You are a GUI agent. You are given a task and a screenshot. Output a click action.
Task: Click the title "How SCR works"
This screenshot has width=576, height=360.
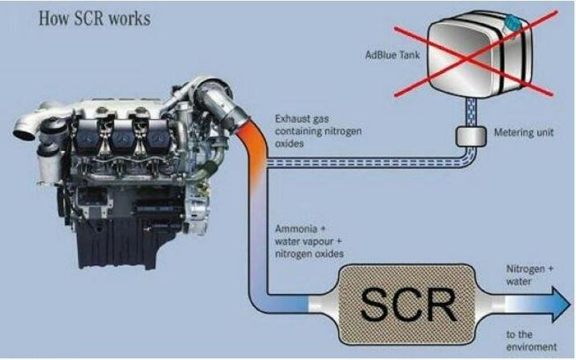click(95, 18)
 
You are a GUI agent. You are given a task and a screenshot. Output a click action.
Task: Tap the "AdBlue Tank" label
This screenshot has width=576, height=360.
click(392, 55)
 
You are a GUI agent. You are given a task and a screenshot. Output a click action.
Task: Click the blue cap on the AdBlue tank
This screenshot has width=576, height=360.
click(513, 22)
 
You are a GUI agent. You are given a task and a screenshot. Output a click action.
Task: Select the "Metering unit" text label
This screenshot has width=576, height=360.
click(524, 133)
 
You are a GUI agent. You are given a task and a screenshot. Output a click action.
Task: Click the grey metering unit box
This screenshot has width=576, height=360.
click(471, 136)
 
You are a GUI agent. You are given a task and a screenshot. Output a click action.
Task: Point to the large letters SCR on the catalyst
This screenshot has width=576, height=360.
click(409, 305)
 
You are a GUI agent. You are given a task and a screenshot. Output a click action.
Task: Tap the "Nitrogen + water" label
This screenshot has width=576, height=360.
click(529, 275)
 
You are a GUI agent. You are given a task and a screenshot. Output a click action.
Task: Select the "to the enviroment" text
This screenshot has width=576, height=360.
click(531, 341)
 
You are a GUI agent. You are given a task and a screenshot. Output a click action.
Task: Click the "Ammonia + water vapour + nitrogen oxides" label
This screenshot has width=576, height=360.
click(309, 241)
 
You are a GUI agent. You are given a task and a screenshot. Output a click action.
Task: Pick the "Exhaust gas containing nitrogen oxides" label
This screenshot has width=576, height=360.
click(318, 131)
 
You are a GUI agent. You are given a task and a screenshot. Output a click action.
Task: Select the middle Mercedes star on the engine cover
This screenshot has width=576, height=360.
click(121, 137)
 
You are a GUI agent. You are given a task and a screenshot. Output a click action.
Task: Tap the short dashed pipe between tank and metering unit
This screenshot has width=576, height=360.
click(471, 112)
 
